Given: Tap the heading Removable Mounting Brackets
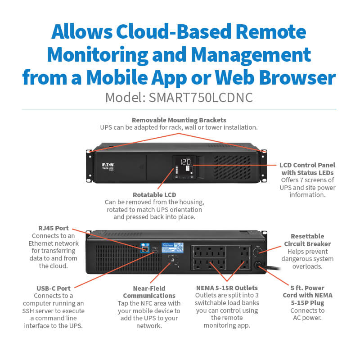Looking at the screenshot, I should tap(179, 120).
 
